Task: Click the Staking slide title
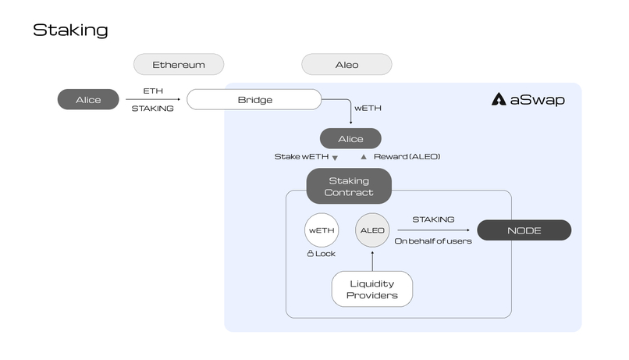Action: pos(70,30)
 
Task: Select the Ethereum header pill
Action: pos(179,64)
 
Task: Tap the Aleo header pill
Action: pos(346,64)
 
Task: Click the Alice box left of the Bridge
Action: pos(88,99)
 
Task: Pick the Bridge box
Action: pos(254,99)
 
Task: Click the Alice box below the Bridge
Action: pos(350,138)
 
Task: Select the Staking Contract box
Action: pos(350,186)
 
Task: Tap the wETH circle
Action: pos(321,230)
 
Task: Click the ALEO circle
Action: pos(371,230)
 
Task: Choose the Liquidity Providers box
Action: pos(371,289)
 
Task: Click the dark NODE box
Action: pos(524,230)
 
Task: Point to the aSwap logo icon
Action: pos(499,99)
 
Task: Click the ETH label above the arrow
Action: pos(153,91)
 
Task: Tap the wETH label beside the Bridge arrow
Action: pos(368,108)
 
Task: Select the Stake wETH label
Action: pos(300,157)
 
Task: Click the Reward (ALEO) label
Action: pos(407,157)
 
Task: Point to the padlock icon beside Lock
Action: pos(310,254)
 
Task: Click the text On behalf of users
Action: pos(432,241)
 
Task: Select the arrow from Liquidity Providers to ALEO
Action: pos(371,261)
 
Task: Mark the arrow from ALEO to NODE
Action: pos(433,230)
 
